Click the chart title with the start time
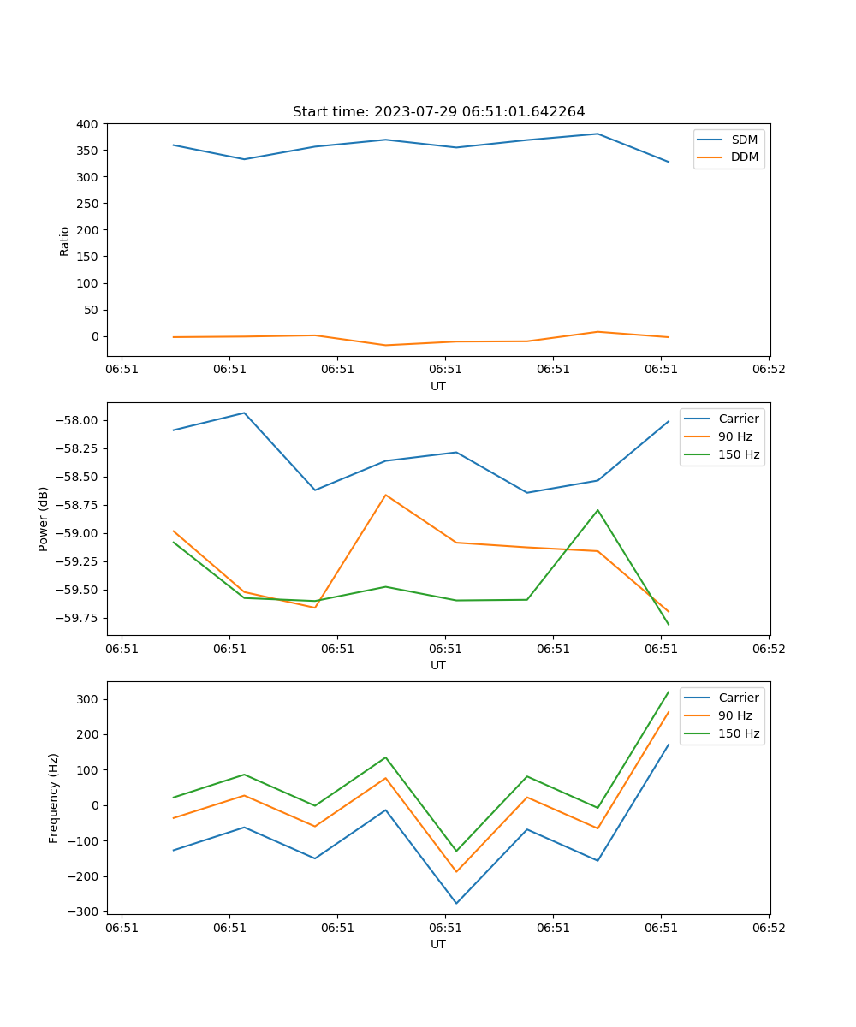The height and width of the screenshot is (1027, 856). tap(438, 112)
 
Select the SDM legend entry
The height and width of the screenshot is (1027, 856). tap(744, 140)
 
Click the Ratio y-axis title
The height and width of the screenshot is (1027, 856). tap(65, 240)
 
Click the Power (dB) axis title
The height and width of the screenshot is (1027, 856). tap(44, 519)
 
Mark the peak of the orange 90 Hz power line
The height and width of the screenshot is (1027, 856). tap(386, 495)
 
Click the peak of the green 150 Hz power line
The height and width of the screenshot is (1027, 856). tap(597, 510)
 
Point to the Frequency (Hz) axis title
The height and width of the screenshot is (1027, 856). tap(54, 798)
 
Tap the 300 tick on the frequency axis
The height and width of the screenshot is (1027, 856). tap(89, 699)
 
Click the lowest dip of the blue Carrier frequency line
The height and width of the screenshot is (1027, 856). tap(456, 903)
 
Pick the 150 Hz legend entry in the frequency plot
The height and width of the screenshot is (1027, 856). tap(739, 733)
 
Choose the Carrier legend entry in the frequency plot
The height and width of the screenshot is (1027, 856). tap(738, 698)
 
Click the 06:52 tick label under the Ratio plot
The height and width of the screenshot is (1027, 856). tap(768, 369)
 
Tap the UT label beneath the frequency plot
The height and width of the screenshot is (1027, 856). tap(438, 944)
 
